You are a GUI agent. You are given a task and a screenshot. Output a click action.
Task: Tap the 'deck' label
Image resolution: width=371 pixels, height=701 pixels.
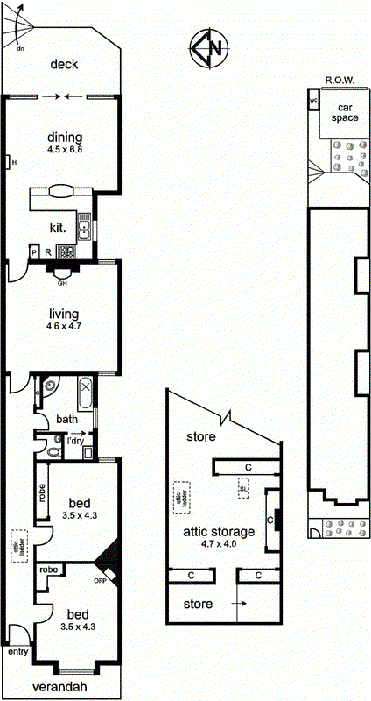point(65,64)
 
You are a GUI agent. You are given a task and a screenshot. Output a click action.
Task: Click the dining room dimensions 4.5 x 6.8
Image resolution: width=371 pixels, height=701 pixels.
point(66,150)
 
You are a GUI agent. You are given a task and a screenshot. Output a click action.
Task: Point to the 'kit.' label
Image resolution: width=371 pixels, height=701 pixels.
point(58,227)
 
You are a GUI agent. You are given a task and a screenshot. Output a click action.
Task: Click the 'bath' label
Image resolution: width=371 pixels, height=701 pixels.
point(67,420)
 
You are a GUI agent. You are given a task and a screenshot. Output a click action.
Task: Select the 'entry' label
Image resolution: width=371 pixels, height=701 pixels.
point(17,653)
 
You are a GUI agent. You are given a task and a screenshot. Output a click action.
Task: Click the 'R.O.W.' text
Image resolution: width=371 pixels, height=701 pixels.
point(339,81)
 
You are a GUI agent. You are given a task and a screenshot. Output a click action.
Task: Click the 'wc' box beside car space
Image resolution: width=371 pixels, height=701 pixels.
point(312,100)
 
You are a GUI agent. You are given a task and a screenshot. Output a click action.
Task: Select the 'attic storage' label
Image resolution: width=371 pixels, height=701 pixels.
point(218,531)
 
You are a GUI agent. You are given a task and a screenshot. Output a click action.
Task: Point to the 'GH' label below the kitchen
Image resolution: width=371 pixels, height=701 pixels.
point(62,283)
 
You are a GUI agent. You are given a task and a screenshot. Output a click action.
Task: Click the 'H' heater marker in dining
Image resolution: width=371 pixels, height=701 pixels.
point(6,162)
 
